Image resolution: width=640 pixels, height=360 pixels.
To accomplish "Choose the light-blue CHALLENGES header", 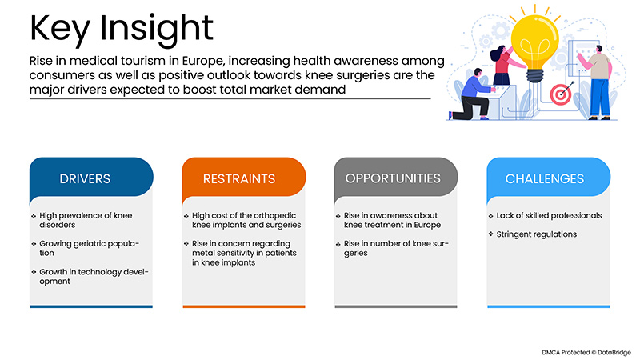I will click(x=544, y=178).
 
